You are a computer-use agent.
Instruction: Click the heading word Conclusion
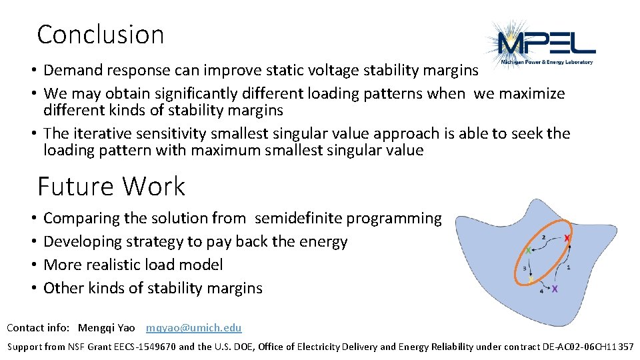[x=100, y=35]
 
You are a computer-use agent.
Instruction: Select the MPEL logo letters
[x=547, y=45]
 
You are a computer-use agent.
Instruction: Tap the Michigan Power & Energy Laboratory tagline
[x=547, y=61]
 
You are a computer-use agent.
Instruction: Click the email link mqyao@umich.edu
[x=193, y=327]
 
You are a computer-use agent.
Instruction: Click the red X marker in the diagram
[x=567, y=239]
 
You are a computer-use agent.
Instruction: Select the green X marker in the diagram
[x=529, y=251]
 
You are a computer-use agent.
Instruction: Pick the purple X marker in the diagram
[x=555, y=289]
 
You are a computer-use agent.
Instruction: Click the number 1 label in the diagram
[x=568, y=267]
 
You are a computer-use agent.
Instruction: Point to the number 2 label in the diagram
[x=544, y=237]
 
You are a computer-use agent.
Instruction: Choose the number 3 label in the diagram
[x=525, y=268]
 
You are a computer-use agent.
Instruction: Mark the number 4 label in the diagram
[x=541, y=290]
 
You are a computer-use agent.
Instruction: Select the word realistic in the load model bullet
[x=107, y=265]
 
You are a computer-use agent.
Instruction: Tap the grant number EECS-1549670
[x=144, y=347]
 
